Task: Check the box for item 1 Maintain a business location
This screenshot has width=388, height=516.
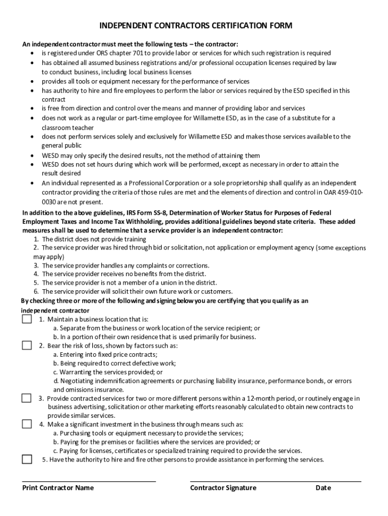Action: [x=27, y=319]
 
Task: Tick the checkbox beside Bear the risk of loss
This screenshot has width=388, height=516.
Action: [x=27, y=345]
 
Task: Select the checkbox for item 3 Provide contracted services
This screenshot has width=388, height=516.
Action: [x=27, y=398]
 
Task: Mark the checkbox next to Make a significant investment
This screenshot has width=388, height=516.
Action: [x=27, y=424]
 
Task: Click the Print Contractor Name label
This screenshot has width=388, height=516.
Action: [x=58, y=488]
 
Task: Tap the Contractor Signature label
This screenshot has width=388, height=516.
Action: [x=223, y=488]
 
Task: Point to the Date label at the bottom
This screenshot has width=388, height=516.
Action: [x=324, y=488]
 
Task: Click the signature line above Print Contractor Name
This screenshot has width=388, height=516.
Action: [x=89, y=481]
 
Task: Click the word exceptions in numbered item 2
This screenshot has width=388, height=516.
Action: [x=351, y=248]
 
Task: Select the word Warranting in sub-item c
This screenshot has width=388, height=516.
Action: [x=77, y=372]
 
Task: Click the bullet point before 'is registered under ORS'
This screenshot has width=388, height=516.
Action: [x=32, y=53]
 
